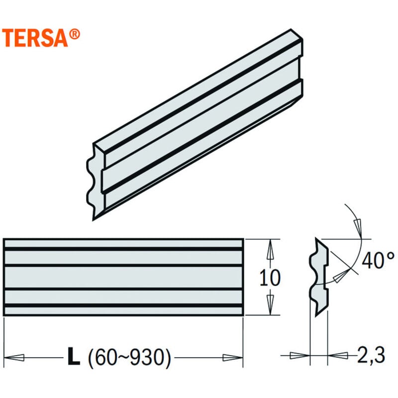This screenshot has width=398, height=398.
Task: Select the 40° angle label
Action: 378,260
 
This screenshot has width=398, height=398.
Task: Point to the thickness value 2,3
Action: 370,355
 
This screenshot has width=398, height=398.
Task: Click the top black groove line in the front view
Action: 123,249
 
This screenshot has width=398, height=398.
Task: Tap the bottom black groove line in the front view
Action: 123,305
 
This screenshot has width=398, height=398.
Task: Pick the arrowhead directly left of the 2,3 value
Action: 339,355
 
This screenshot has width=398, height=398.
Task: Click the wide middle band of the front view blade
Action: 123,277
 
